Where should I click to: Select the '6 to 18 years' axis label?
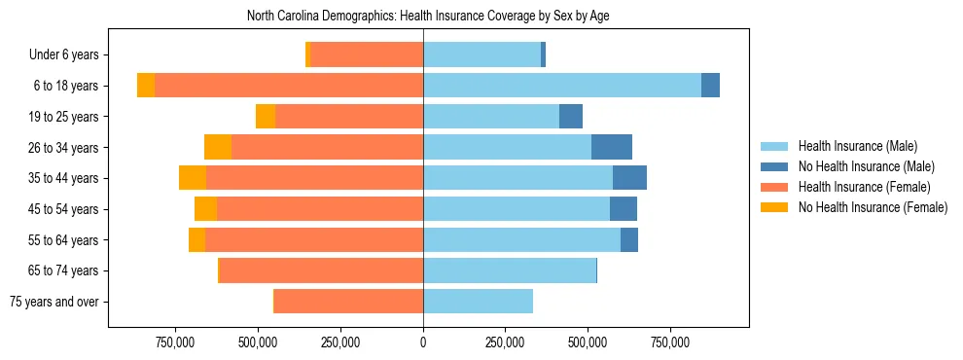point(66,86)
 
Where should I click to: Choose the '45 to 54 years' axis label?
point(64,209)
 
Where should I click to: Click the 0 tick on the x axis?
point(423,342)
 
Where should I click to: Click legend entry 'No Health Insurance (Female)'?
point(872,207)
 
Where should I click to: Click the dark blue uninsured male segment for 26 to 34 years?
point(612,147)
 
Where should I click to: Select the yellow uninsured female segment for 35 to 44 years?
point(193,178)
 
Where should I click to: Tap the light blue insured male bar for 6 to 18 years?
point(562,86)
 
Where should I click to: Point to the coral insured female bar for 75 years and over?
point(348,302)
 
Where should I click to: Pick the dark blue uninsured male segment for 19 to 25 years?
point(571,117)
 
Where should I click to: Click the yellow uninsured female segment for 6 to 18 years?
point(146,86)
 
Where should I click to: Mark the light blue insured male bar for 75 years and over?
point(478,302)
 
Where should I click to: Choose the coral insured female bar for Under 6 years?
point(366,54)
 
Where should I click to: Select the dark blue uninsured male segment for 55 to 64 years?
point(629,239)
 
